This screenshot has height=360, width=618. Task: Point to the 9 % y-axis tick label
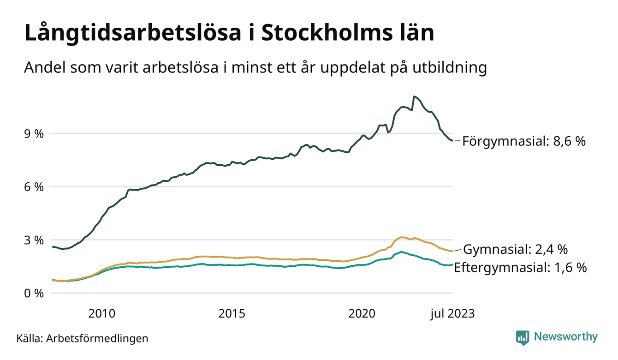click(x=33, y=134)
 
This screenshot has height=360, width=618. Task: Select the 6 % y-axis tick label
click(x=33, y=187)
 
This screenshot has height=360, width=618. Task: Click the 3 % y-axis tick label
click(x=33, y=240)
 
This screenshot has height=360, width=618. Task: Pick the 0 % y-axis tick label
click(x=33, y=294)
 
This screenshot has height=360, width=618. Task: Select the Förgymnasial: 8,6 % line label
click(x=524, y=141)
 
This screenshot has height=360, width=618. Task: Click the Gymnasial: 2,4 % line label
click(x=515, y=250)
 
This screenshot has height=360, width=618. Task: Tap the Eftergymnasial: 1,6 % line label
click(x=520, y=267)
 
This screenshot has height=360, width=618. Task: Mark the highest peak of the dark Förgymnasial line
click(x=414, y=96)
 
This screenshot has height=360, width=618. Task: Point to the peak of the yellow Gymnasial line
click(x=401, y=237)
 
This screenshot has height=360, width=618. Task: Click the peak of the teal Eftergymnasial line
click(x=402, y=252)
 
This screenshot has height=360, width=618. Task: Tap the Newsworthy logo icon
click(x=523, y=337)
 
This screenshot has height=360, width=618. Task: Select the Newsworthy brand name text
click(x=566, y=337)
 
